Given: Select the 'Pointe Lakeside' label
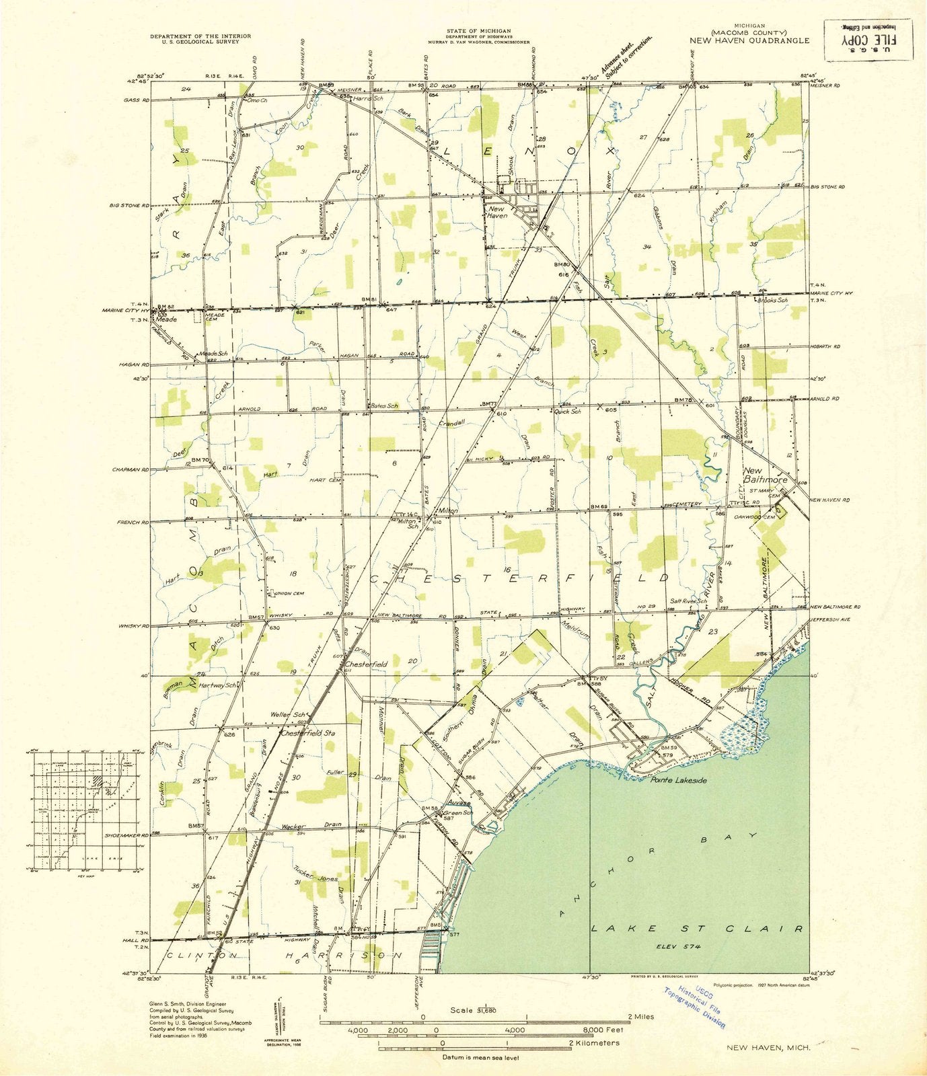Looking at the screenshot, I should coord(678,780).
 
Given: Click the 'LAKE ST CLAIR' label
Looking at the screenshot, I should coord(697,928).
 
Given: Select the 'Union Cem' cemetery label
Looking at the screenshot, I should coord(288,593).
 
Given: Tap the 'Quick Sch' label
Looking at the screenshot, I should coord(567,412).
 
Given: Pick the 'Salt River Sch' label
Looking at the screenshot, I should coord(688,601).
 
